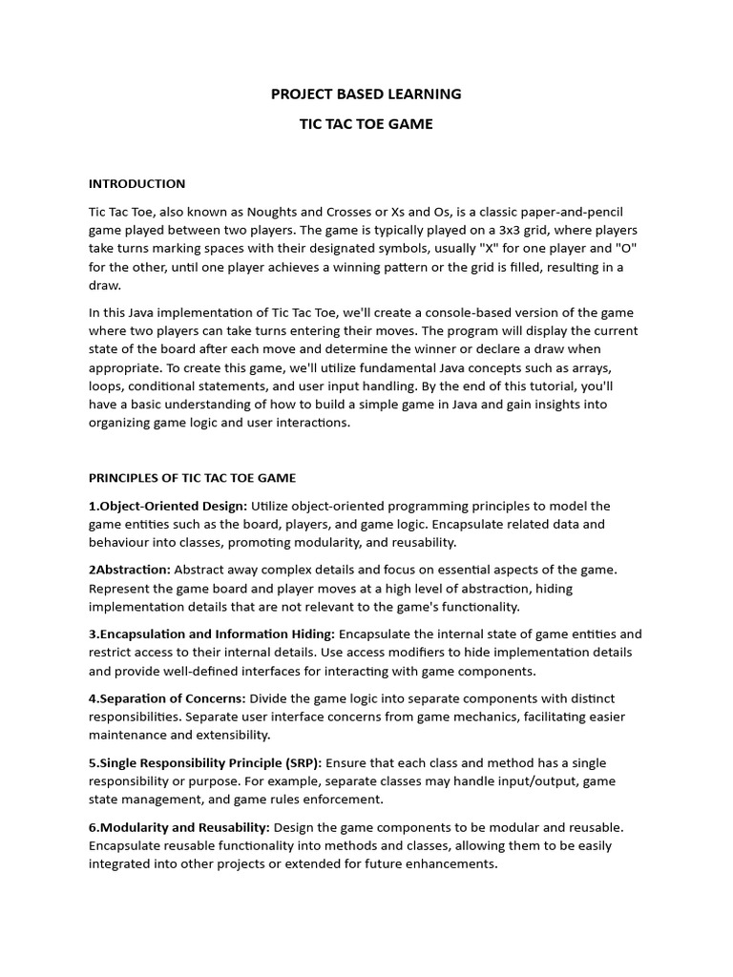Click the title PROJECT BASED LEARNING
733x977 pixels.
click(x=366, y=94)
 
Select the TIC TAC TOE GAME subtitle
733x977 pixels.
click(x=366, y=124)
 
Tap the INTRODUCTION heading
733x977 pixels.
click(x=136, y=183)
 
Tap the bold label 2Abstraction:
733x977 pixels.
click(x=130, y=570)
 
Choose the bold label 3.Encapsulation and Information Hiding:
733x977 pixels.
click(x=212, y=634)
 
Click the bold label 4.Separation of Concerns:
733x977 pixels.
click(x=167, y=698)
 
